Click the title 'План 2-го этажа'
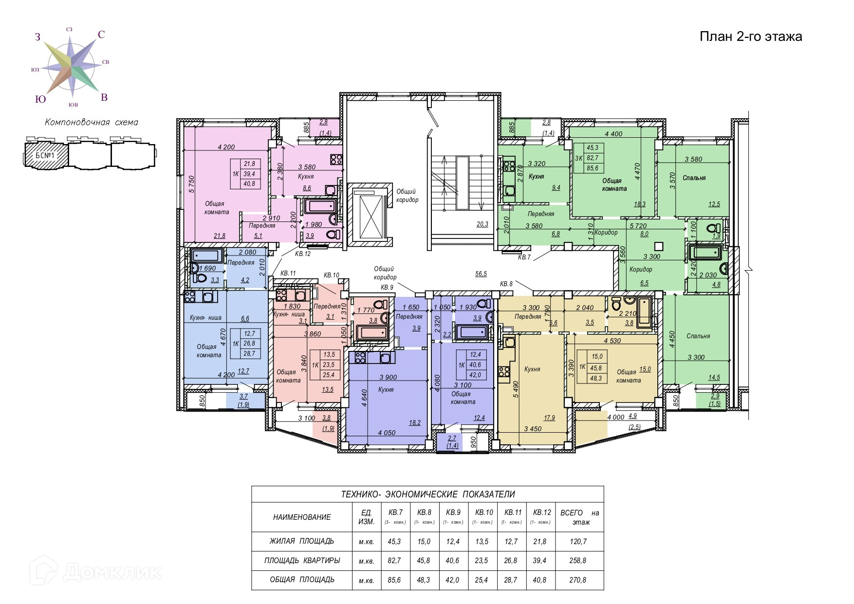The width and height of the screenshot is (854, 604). pyautogui.click(x=751, y=37)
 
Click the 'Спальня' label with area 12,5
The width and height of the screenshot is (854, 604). pyautogui.click(x=694, y=178)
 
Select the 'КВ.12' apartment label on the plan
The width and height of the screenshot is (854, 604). pyautogui.click(x=302, y=254)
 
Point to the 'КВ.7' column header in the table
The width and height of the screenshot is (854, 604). pyautogui.click(x=395, y=512)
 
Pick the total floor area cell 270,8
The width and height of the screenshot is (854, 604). pyautogui.click(x=577, y=580)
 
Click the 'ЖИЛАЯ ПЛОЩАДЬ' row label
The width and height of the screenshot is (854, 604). pyautogui.click(x=302, y=541)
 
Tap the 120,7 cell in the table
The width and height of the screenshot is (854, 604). pyautogui.click(x=577, y=541)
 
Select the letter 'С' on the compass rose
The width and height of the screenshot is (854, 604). pyautogui.click(x=101, y=35)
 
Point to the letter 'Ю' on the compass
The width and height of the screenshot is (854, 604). pyautogui.click(x=40, y=99)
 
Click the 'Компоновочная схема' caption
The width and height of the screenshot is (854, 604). pyautogui.click(x=92, y=122)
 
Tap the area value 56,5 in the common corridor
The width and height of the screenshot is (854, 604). pyautogui.click(x=481, y=274)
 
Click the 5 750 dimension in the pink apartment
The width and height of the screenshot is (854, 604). pyautogui.click(x=192, y=184)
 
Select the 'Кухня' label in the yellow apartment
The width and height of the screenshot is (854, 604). pyautogui.click(x=532, y=369)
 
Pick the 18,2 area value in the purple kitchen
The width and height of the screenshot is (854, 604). pyautogui.click(x=415, y=422)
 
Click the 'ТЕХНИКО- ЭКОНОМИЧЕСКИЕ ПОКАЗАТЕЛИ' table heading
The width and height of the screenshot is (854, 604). pyautogui.click(x=427, y=494)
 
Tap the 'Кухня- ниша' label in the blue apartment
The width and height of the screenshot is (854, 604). pyautogui.click(x=205, y=318)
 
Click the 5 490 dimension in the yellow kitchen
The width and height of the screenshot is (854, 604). pyautogui.click(x=515, y=389)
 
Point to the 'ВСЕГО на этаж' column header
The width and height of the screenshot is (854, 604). pyautogui.click(x=579, y=517)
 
